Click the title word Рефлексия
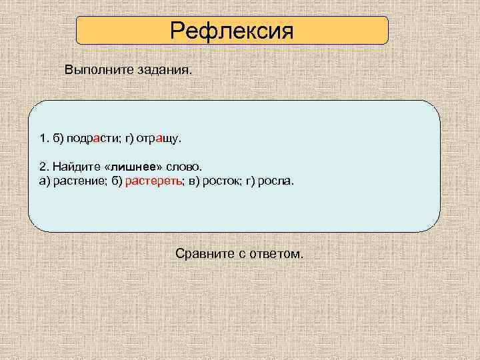(231, 31)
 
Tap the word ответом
(278, 254)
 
